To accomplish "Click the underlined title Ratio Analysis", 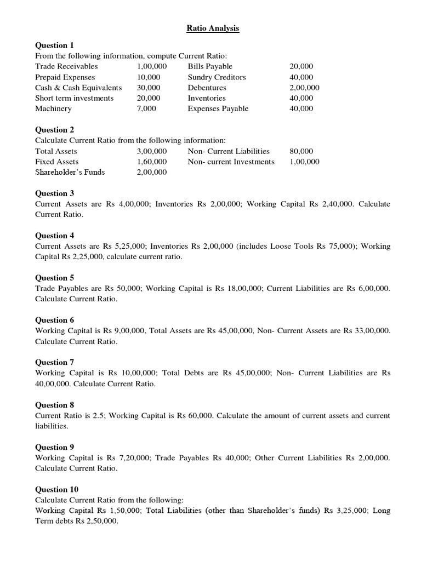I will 210,28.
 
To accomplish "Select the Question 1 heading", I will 54,45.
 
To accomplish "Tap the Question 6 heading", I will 54,320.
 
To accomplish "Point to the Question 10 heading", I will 56,489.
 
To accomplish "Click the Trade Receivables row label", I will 66,66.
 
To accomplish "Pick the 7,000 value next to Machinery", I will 146,108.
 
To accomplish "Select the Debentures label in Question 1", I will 207,88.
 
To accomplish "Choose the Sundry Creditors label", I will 217,77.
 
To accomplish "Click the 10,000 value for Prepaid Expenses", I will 149,77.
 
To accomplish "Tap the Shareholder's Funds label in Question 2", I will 70,172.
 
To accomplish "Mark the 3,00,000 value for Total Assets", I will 152,151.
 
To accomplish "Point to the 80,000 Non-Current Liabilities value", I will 301,151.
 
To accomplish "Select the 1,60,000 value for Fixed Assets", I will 152,162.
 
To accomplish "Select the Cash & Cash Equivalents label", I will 78,88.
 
